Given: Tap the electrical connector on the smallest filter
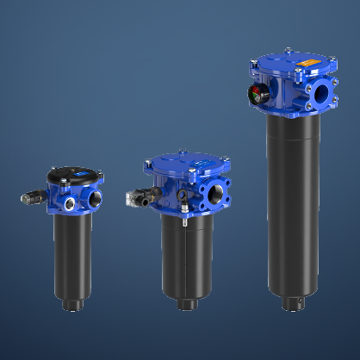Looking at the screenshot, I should click(x=33, y=198).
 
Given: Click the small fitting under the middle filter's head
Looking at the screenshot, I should click(x=183, y=220).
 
